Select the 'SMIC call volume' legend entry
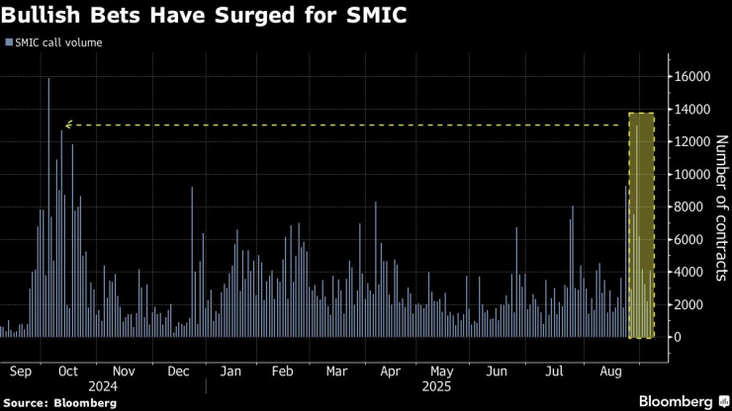click(x=57, y=42)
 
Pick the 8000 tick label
click(x=689, y=206)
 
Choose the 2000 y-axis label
click(x=689, y=304)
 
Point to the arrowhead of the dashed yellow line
click(x=67, y=125)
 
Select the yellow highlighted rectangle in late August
click(x=641, y=225)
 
